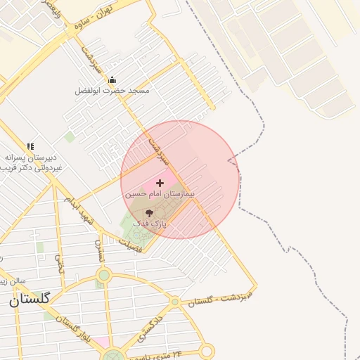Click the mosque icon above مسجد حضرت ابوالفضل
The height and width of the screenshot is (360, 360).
point(112,80)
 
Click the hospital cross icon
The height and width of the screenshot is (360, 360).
point(160,182)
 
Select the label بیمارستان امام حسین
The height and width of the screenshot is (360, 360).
point(160,193)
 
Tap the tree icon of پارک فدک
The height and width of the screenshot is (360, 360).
point(149,212)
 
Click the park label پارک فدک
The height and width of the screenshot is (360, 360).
point(149,223)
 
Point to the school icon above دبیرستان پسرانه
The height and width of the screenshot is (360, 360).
point(30,146)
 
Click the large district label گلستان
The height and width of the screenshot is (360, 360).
point(30,300)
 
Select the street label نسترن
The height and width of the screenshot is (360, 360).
point(99,250)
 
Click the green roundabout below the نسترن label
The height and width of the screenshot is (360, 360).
point(104,275)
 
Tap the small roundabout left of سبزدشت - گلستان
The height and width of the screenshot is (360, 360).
point(174,302)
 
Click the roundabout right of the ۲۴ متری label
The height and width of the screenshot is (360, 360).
point(207,351)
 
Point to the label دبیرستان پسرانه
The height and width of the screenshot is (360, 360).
point(32,157)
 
